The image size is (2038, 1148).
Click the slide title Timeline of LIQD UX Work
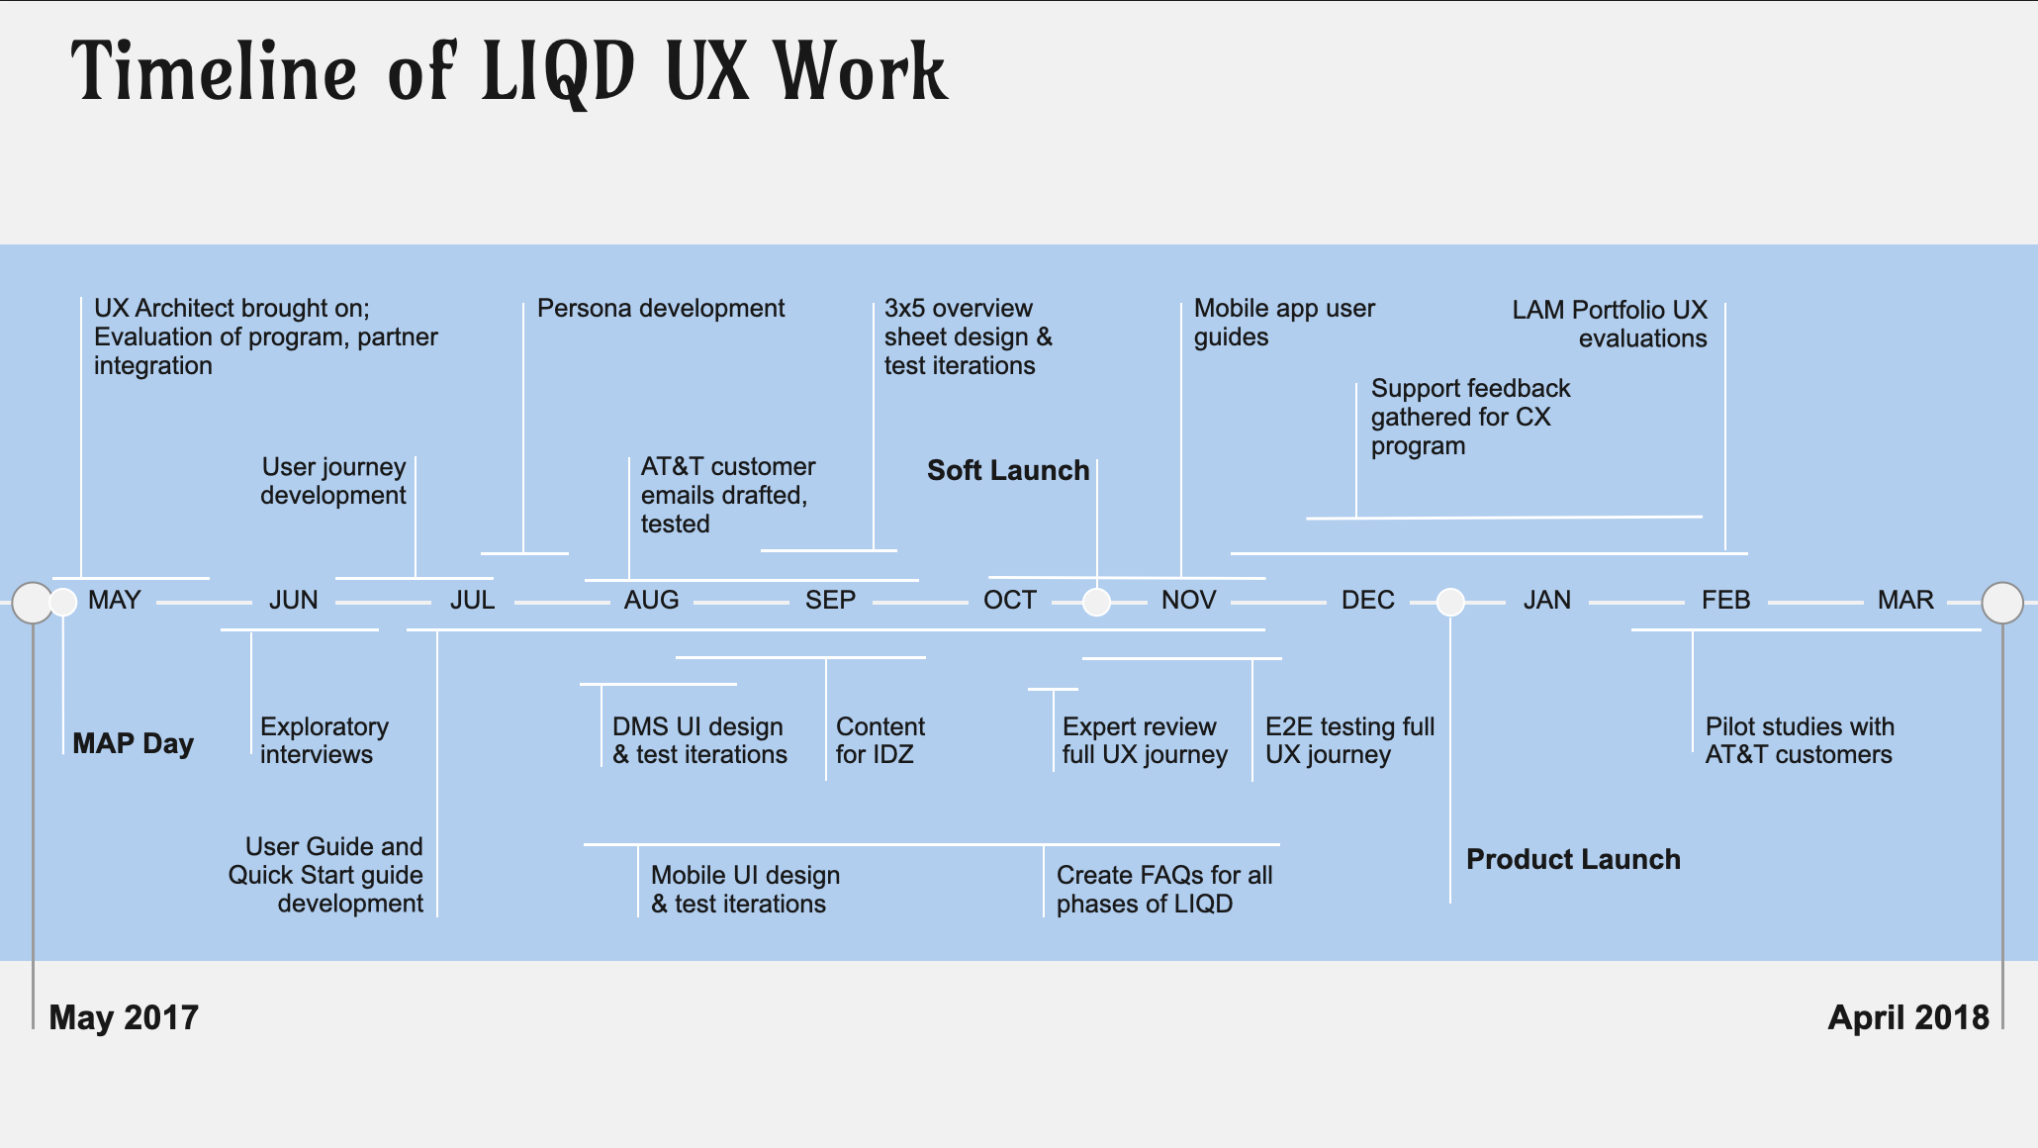click(509, 71)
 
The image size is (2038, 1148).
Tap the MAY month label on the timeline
click(115, 600)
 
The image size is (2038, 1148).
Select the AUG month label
click(651, 600)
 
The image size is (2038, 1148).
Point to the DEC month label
click(1368, 600)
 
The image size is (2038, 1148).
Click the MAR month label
click(1905, 600)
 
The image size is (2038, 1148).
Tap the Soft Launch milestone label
click(1008, 470)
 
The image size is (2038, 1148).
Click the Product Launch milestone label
click(1573, 859)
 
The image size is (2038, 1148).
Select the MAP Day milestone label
click(134, 743)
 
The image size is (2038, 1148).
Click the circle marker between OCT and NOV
click(1096, 602)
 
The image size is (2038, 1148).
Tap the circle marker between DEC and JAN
click(1450, 602)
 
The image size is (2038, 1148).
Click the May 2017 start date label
click(124, 1017)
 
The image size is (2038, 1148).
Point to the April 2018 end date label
click(1908, 1017)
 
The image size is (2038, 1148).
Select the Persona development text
click(661, 309)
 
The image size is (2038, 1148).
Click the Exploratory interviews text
click(324, 740)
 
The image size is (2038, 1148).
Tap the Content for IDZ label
click(880, 740)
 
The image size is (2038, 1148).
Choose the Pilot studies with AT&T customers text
click(1800, 740)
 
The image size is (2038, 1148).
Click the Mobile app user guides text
click(1284, 323)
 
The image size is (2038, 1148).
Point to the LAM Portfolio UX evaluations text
click(1611, 324)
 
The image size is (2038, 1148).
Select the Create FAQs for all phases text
click(1163, 889)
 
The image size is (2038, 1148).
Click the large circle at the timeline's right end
click(2002, 603)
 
